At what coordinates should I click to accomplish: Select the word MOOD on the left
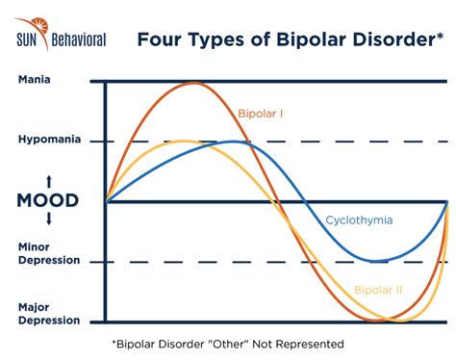click(47, 201)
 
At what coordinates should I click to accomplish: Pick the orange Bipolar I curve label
click(262, 114)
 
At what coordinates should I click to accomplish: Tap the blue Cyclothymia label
click(358, 219)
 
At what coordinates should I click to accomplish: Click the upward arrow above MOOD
click(48, 182)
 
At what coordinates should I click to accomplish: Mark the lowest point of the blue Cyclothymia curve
click(377, 261)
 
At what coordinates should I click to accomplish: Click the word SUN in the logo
click(27, 39)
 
